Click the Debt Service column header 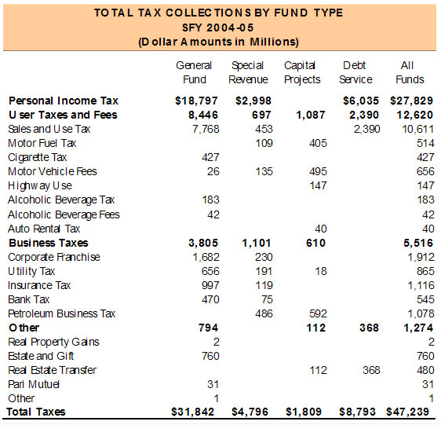355,72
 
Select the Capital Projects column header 302,72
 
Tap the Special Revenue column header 248,72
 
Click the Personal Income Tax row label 64,101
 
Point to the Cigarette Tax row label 38,157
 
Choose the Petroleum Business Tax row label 62,313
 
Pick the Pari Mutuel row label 34,384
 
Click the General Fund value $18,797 196,101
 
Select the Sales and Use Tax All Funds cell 418,129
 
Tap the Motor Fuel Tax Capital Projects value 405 318,143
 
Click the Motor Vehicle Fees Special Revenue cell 264,171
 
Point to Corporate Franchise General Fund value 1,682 206,257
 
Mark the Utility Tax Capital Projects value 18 321,271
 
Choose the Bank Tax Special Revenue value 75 267,299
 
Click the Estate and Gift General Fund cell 210,356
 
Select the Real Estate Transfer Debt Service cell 371,370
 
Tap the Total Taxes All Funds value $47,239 407,412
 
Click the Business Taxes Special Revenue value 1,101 257,243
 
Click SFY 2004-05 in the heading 218,27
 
